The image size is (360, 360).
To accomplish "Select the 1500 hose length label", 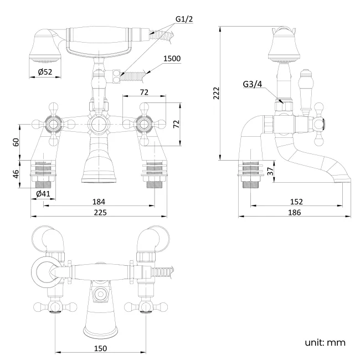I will (172, 59).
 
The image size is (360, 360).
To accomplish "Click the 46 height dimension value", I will (17, 173).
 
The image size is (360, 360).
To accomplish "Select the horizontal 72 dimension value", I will (144, 92).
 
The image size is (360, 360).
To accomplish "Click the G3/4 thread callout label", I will (253, 84).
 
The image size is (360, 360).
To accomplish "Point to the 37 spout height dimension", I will (269, 172).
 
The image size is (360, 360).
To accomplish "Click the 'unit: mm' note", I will (325, 342).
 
